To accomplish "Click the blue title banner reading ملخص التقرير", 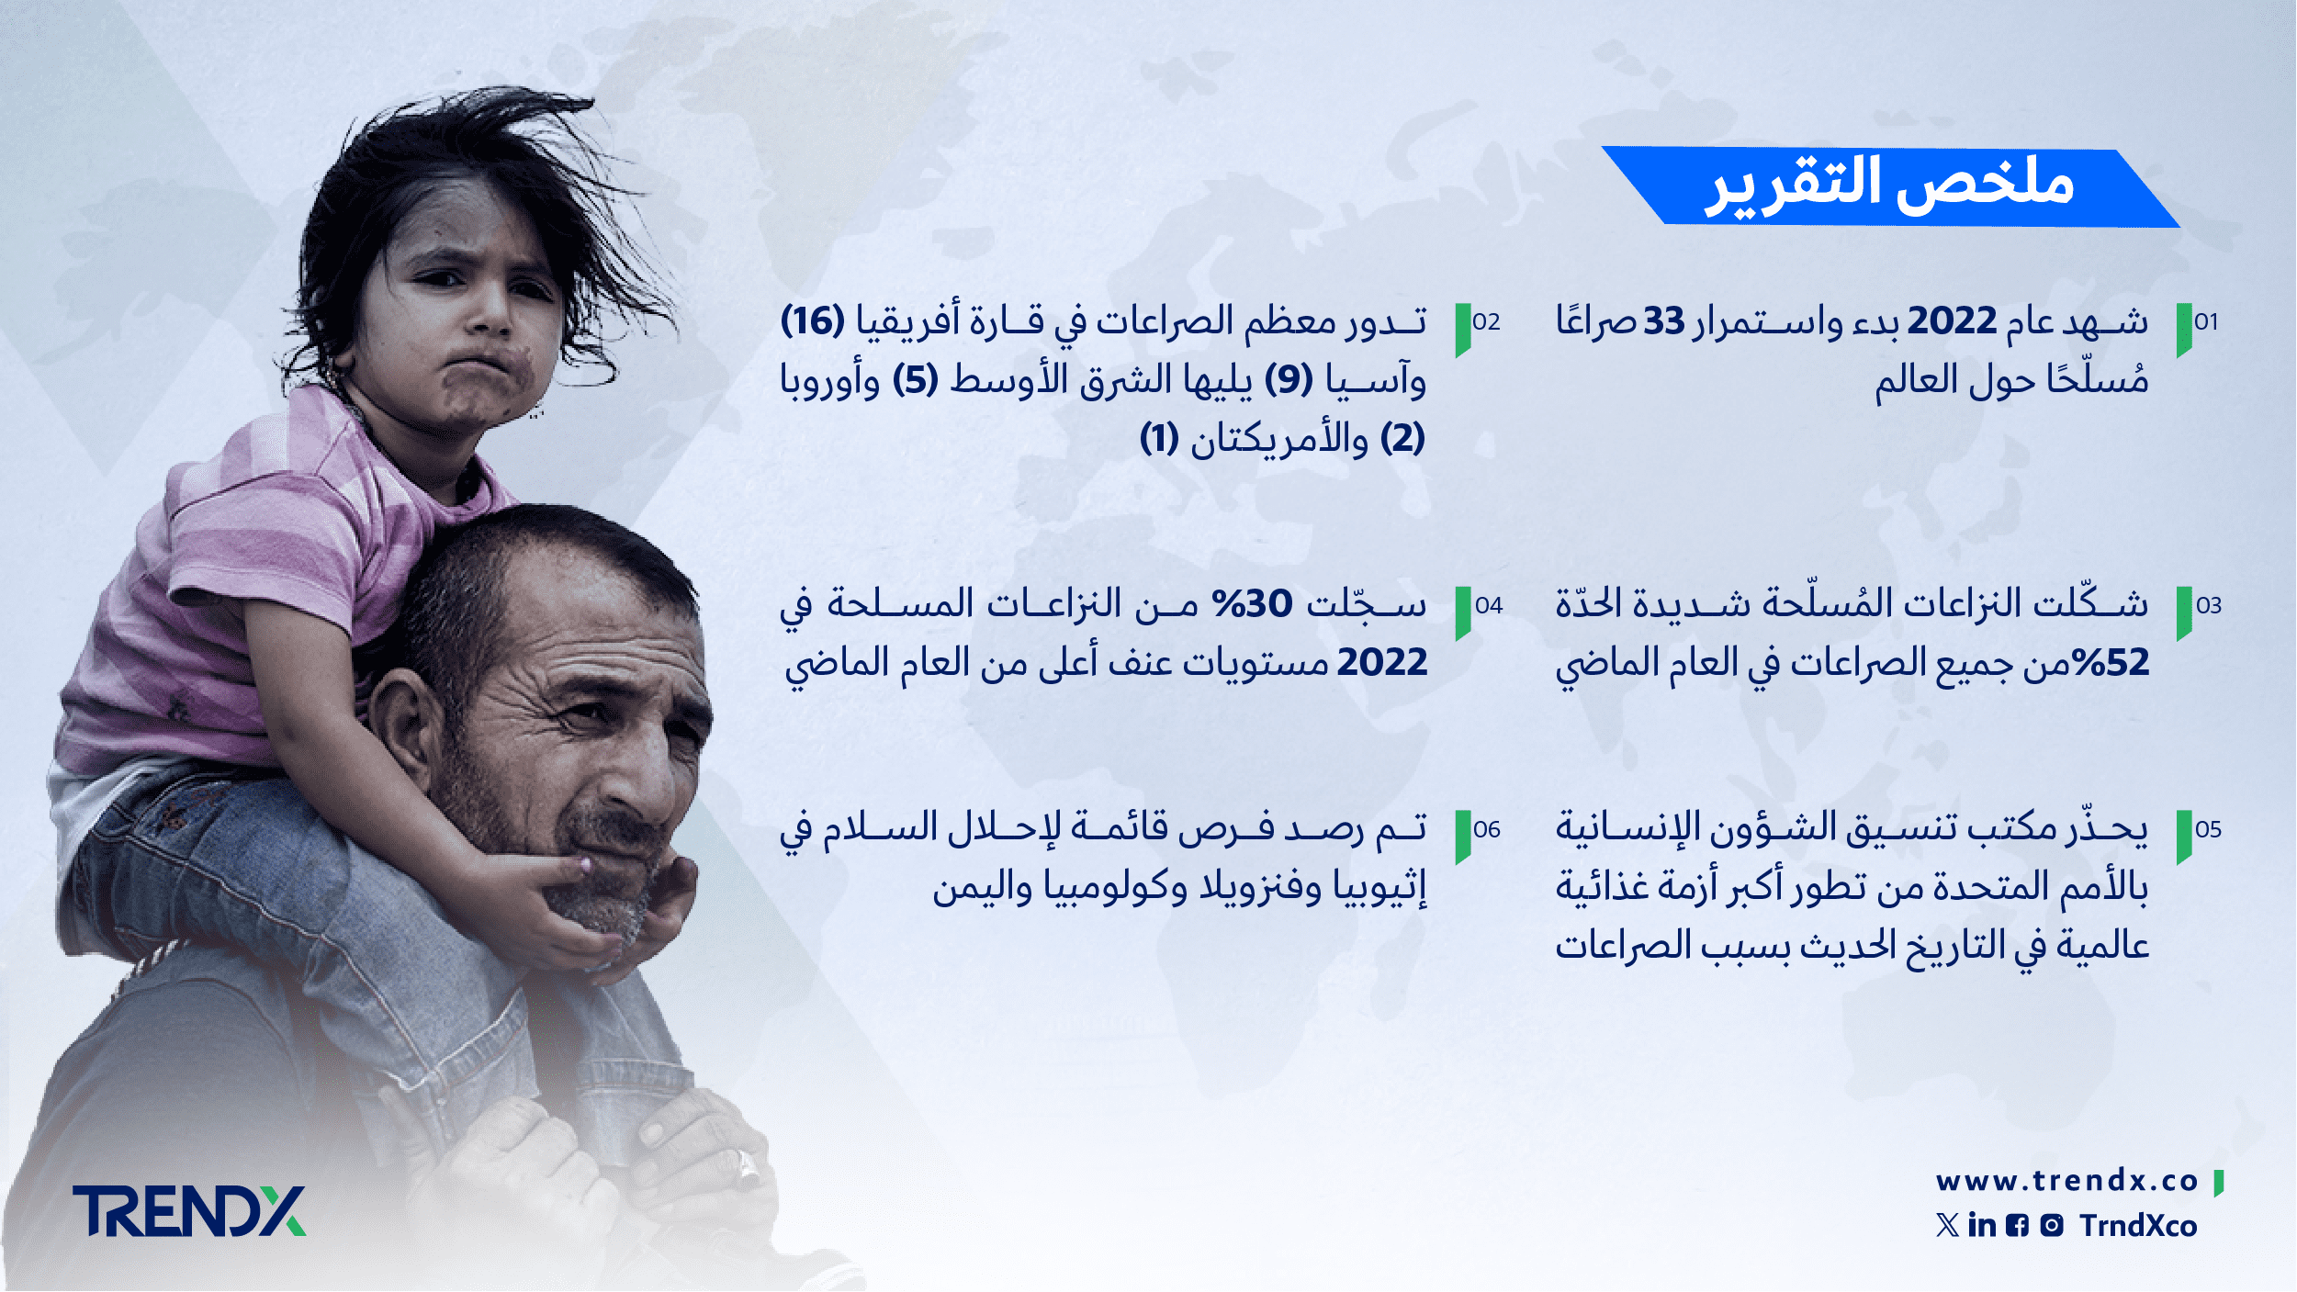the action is (1890, 186).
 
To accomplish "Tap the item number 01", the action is (2206, 322).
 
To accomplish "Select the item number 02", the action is (1486, 322).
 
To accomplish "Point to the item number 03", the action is (2209, 606).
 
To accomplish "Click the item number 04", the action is (1489, 606).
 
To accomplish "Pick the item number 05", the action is (2208, 830).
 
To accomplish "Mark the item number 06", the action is (1487, 830).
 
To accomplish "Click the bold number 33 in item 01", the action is (1664, 322).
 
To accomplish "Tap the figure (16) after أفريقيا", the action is (813, 321).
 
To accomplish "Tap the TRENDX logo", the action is (189, 1211).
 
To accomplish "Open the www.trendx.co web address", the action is (2067, 1181).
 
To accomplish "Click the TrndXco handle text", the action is (2139, 1226).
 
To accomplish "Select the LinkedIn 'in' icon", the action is (1982, 1225).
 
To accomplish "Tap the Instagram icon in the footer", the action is (2052, 1226).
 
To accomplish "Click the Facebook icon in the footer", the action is (2017, 1226).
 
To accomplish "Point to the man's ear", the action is (403, 725).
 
